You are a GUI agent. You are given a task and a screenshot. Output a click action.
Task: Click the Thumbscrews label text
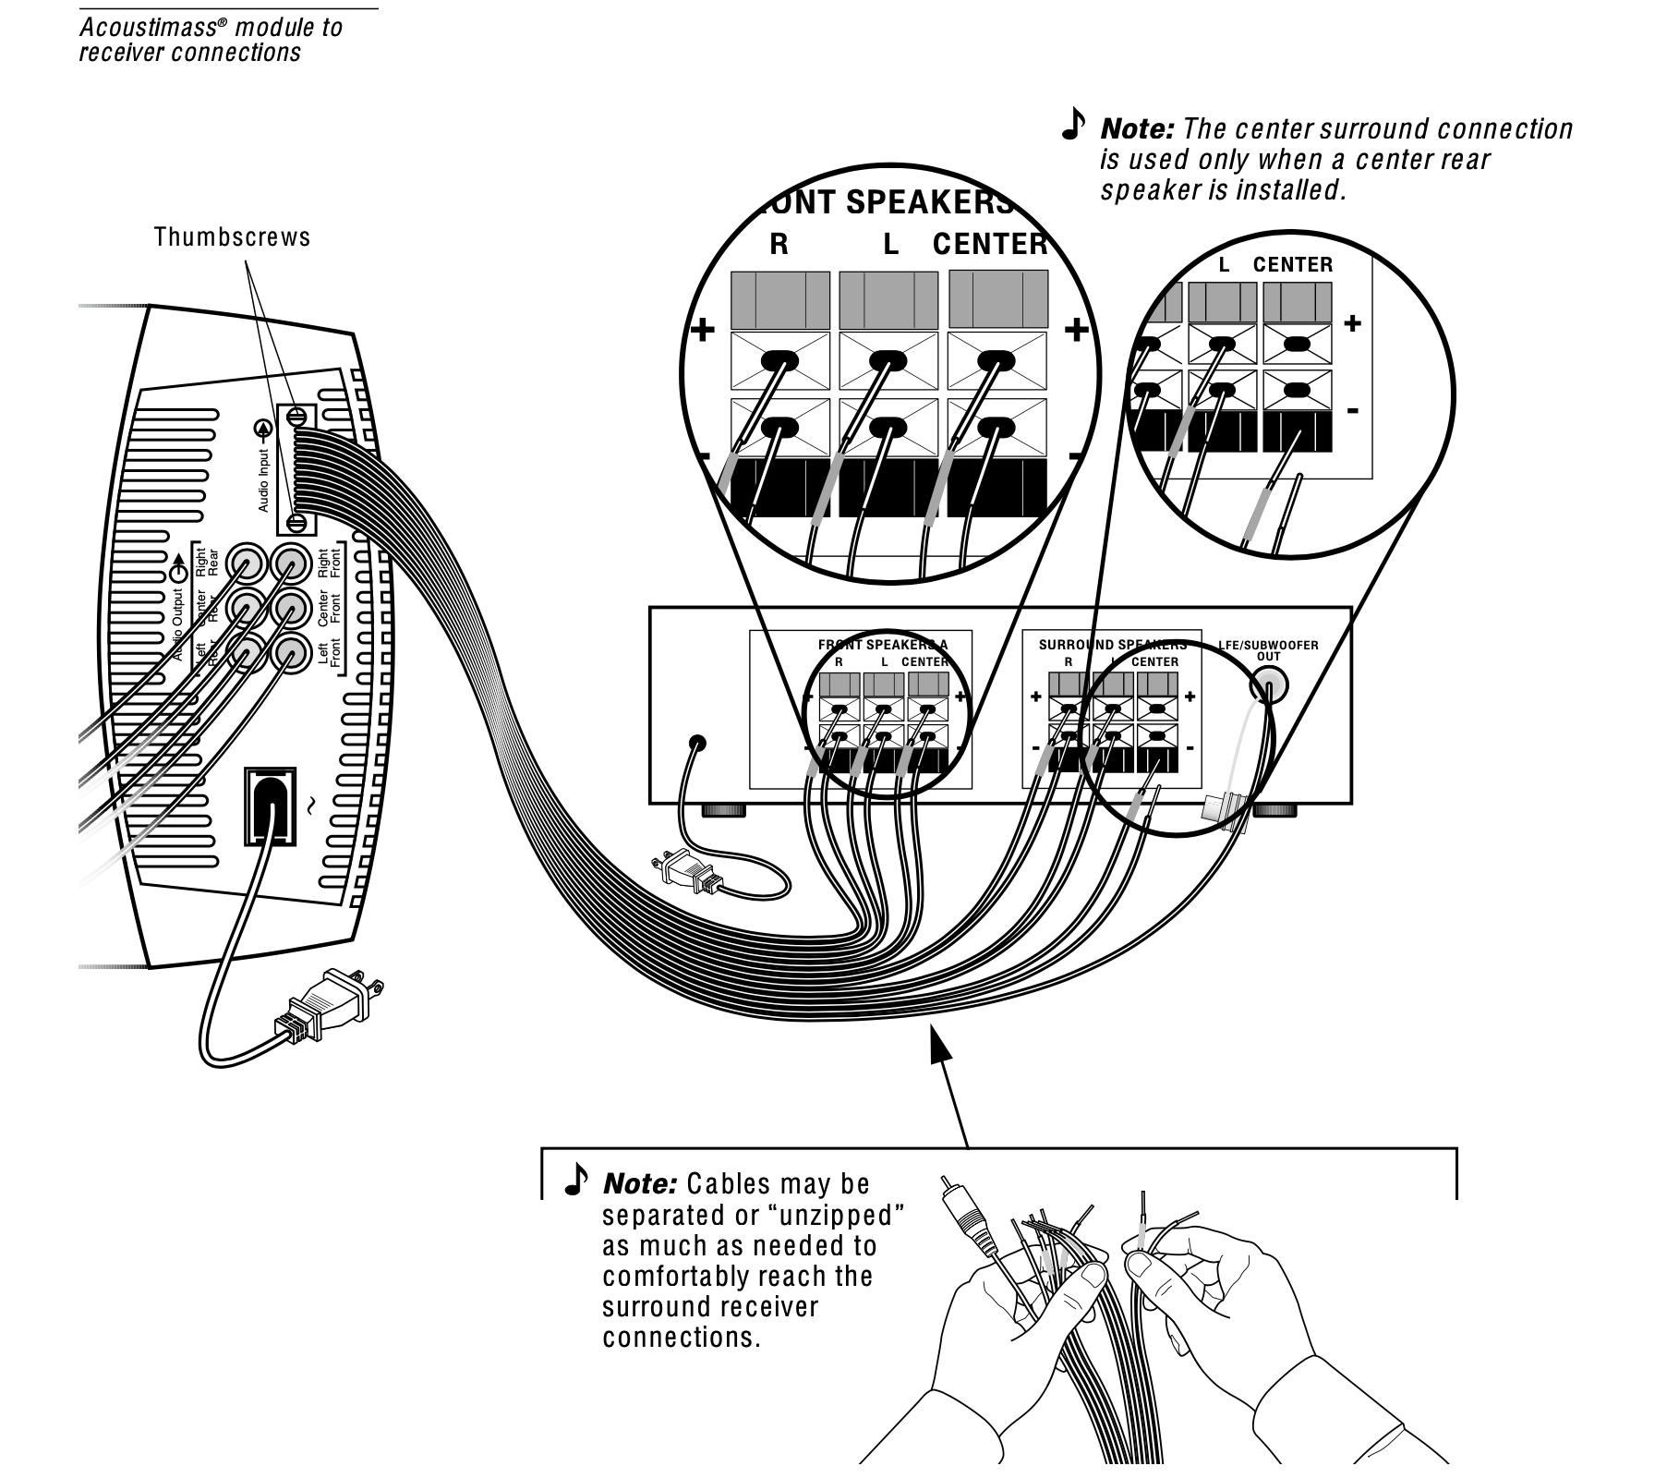tap(232, 237)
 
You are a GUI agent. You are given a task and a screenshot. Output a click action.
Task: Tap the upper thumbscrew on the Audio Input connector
tap(297, 417)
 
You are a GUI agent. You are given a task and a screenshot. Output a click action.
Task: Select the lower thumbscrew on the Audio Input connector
tap(297, 524)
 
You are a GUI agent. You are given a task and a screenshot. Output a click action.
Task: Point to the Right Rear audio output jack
tap(247, 562)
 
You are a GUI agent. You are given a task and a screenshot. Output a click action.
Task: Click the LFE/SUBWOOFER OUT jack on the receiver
tap(1269, 686)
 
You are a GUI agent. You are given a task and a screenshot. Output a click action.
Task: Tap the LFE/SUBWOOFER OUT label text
tap(1268, 650)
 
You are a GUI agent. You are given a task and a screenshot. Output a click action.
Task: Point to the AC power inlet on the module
tap(270, 806)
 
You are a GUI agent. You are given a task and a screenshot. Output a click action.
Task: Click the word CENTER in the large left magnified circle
tap(990, 245)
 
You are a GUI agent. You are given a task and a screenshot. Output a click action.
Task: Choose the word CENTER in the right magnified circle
tap(1293, 265)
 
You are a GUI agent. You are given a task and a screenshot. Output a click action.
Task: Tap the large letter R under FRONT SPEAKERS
tap(779, 245)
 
